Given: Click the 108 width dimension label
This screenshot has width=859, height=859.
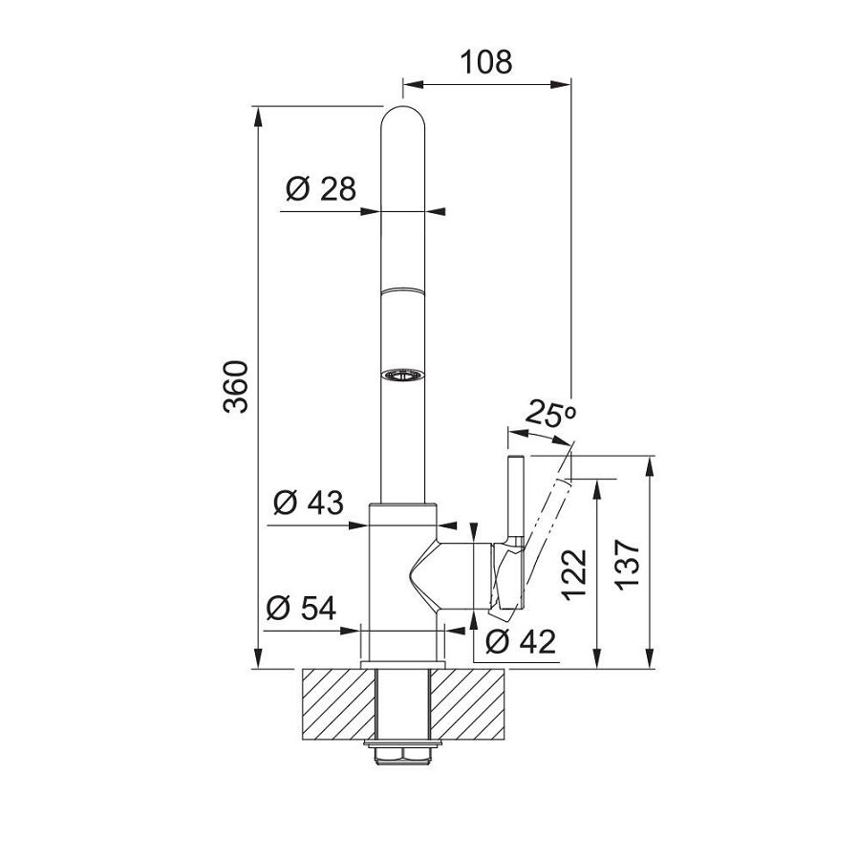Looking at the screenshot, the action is click(x=486, y=62).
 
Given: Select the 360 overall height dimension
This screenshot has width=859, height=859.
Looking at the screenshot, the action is click(x=237, y=386).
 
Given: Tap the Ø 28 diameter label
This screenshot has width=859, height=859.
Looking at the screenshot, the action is click(x=321, y=188).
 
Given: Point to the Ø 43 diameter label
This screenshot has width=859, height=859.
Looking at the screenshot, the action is click(x=309, y=503).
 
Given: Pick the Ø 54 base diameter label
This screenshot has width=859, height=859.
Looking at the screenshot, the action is click(x=301, y=608).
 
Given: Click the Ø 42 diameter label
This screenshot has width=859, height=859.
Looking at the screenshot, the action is click(x=521, y=641).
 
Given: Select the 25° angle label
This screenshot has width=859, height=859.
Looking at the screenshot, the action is click(x=550, y=414).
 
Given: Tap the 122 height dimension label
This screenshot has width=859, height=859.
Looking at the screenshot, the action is click(x=575, y=574).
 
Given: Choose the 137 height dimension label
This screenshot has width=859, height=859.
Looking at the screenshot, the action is click(x=627, y=565).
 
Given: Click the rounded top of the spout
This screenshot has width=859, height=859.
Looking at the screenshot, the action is click(x=402, y=118).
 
